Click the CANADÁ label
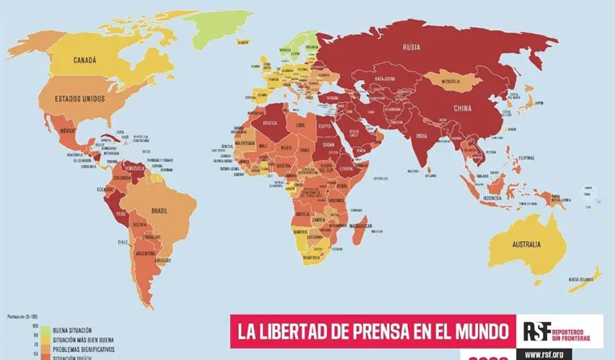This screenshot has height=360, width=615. pos(85,60)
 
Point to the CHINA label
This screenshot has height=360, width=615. pos(462,108)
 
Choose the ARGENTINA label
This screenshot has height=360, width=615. pos(146,253)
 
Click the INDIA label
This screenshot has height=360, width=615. pos(422,136)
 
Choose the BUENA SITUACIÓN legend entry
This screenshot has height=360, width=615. pos(71,330)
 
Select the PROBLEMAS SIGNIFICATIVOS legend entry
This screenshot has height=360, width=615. pos(83,348)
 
